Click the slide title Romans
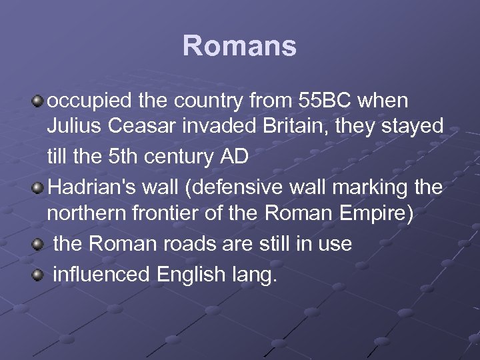click(x=239, y=46)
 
